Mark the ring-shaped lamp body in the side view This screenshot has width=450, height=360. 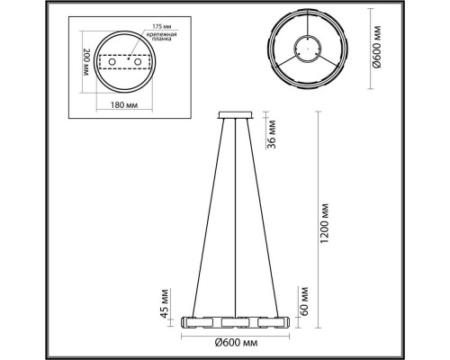point(236,321)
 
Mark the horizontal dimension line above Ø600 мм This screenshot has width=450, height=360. point(236,332)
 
